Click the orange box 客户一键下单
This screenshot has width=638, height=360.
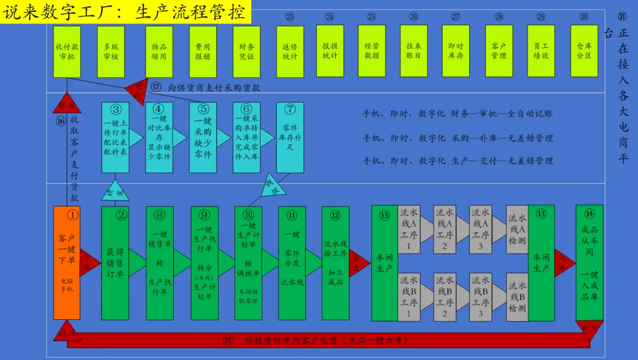point(67,262)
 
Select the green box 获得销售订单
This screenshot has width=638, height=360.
point(115,262)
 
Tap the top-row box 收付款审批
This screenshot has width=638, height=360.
point(67,51)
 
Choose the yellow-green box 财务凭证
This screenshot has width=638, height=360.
point(246,51)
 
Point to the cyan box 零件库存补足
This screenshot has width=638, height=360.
point(289,137)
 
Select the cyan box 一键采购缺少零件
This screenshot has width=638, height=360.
point(203,137)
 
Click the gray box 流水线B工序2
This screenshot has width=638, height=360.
point(444,297)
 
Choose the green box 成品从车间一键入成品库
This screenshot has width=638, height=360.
point(589,262)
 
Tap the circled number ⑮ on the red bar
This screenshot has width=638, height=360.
point(228,340)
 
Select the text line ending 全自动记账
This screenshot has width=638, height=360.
point(457,113)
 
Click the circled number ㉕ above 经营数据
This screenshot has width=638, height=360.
point(372,17)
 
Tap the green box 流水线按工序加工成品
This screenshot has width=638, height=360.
point(336,262)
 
